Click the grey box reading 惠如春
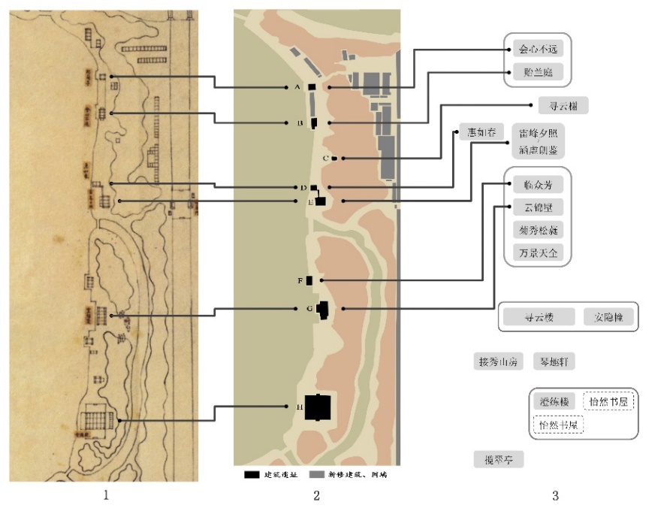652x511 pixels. [x=481, y=135]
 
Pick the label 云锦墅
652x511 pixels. [x=538, y=207]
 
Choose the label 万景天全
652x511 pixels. [x=538, y=252]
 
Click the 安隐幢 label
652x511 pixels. [x=609, y=317]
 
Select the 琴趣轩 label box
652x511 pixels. [x=554, y=361]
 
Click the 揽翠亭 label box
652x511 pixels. [x=499, y=458]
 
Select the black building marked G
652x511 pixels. [x=324, y=310]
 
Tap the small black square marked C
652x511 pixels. [x=334, y=158]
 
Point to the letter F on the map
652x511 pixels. [x=299, y=280]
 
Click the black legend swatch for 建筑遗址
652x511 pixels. [x=252, y=475]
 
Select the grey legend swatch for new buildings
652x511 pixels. [x=316, y=475]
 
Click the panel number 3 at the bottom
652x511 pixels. [x=555, y=496]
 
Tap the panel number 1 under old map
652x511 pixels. [x=106, y=496]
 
